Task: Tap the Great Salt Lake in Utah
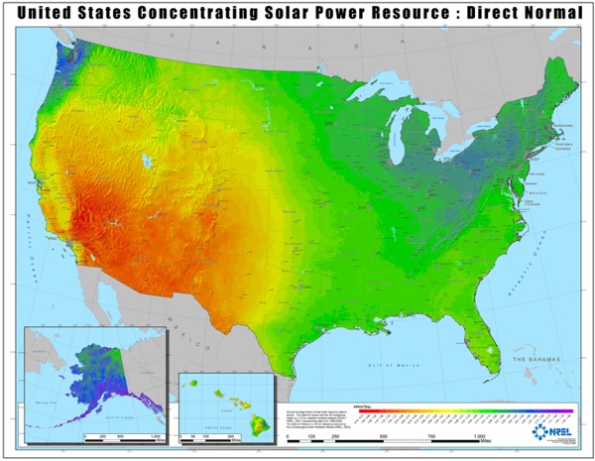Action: [x=148, y=159]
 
